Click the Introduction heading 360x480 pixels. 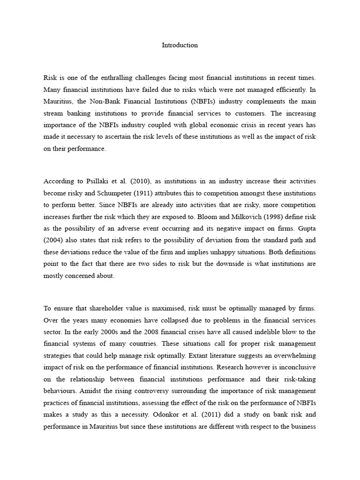click(x=180, y=45)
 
